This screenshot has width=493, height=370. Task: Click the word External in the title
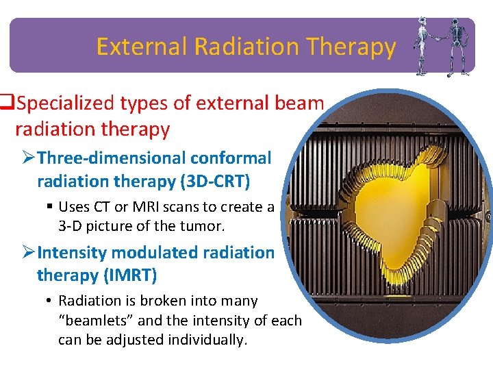coord(142,47)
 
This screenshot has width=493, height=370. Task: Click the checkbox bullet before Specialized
coord(8,103)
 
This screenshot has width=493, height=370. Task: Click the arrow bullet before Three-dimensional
coord(28,158)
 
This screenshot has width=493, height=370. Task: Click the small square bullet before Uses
coord(51,207)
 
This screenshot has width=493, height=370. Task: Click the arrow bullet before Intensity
coord(28,253)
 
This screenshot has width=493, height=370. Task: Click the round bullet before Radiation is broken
coord(51,301)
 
